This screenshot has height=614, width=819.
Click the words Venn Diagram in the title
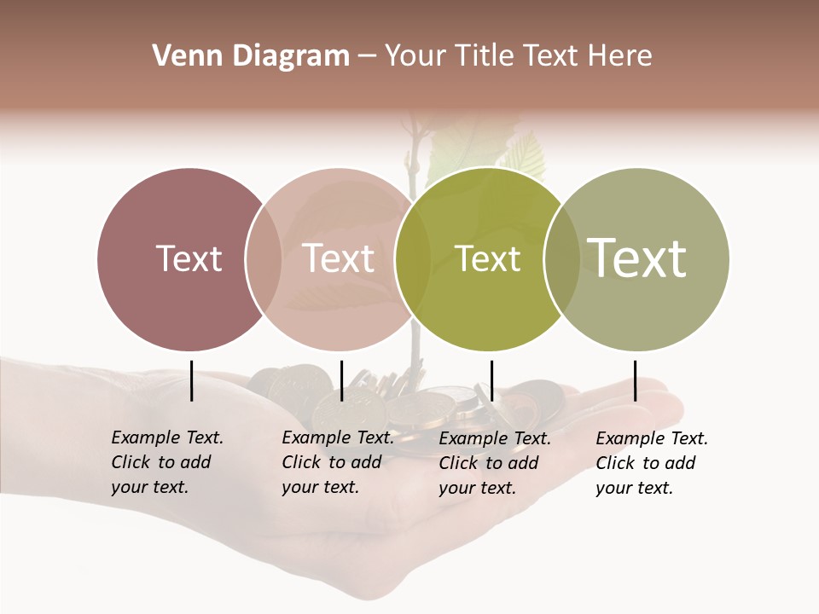coord(251,56)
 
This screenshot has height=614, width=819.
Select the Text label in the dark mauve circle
coord(189,258)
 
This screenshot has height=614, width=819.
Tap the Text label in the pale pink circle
coord(338,258)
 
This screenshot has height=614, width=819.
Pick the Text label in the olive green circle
coord(487,258)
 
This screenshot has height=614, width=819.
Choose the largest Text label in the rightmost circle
coord(637,258)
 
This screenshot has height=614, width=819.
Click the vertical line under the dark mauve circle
coord(191,380)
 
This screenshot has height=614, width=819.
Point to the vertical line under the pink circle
coord(341,380)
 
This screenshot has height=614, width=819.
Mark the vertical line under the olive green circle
coord(491,380)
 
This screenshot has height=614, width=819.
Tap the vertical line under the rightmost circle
coord(635,380)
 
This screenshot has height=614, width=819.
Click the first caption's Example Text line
coord(167,437)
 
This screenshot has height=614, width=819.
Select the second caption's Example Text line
coord(338,437)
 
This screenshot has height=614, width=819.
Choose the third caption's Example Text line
coord(495,438)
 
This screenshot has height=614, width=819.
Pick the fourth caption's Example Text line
coord(652,438)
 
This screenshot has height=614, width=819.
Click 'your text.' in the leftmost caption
coord(149,488)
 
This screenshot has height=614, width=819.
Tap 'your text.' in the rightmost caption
coord(634,489)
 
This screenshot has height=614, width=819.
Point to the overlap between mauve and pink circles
coord(264,258)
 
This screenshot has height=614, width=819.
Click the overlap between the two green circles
coord(562,258)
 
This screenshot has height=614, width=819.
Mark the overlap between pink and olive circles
coord(413,258)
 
